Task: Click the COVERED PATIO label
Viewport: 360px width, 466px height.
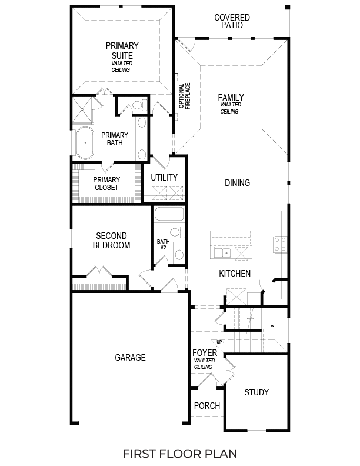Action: (x=232, y=22)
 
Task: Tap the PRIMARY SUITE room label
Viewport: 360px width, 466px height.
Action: (x=122, y=51)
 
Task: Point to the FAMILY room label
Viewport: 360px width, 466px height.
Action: (x=231, y=98)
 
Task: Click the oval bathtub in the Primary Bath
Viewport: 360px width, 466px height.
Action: (x=85, y=143)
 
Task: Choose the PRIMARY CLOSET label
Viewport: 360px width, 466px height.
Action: (x=106, y=184)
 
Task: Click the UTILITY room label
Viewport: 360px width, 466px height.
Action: (x=164, y=178)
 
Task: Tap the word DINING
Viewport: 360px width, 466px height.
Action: (x=237, y=183)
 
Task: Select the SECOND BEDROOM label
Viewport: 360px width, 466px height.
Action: (x=112, y=241)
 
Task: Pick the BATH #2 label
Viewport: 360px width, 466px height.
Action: (x=163, y=245)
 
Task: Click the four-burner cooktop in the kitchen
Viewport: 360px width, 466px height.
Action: (x=280, y=244)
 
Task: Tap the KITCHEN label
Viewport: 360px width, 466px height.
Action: (x=235, y=274)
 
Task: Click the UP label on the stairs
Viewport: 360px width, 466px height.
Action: (x=219, y=342)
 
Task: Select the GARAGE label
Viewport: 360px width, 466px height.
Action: (x=130, y=357)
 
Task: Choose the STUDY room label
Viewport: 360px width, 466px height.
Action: (x=256, y=392)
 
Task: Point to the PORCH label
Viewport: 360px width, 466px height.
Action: (x=207, y=406)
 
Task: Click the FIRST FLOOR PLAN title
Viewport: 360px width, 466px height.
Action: (x=179, y=454)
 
